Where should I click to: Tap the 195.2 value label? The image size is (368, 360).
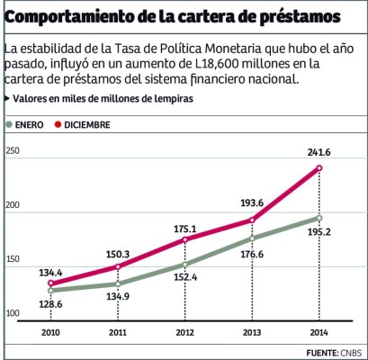point(318,231)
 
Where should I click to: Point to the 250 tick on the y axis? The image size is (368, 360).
point(13,151)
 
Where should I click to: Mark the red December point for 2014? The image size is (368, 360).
point(319,168)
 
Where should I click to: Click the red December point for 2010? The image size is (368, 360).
point(50,283)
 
